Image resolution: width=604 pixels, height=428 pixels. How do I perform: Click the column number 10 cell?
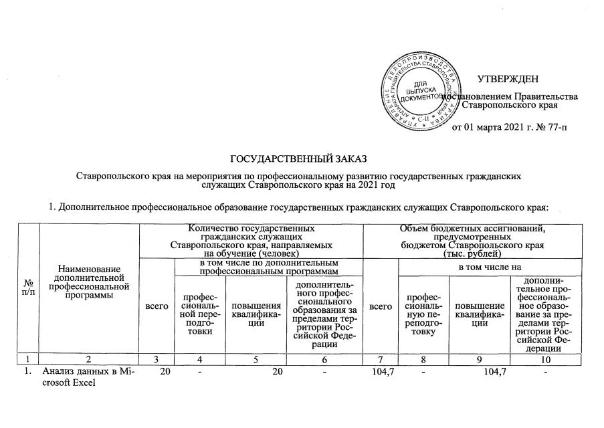546,358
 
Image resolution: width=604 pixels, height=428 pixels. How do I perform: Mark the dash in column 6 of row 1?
324,370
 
